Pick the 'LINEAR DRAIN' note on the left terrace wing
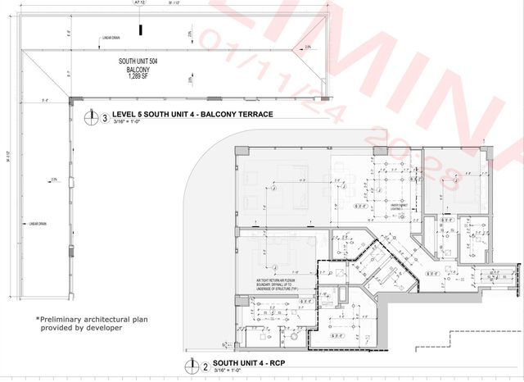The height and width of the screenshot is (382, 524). (x=40, y=223)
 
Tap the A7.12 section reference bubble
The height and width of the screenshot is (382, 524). (x=141, y=4)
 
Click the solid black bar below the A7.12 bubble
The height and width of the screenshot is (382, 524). (x=141, y=30)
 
